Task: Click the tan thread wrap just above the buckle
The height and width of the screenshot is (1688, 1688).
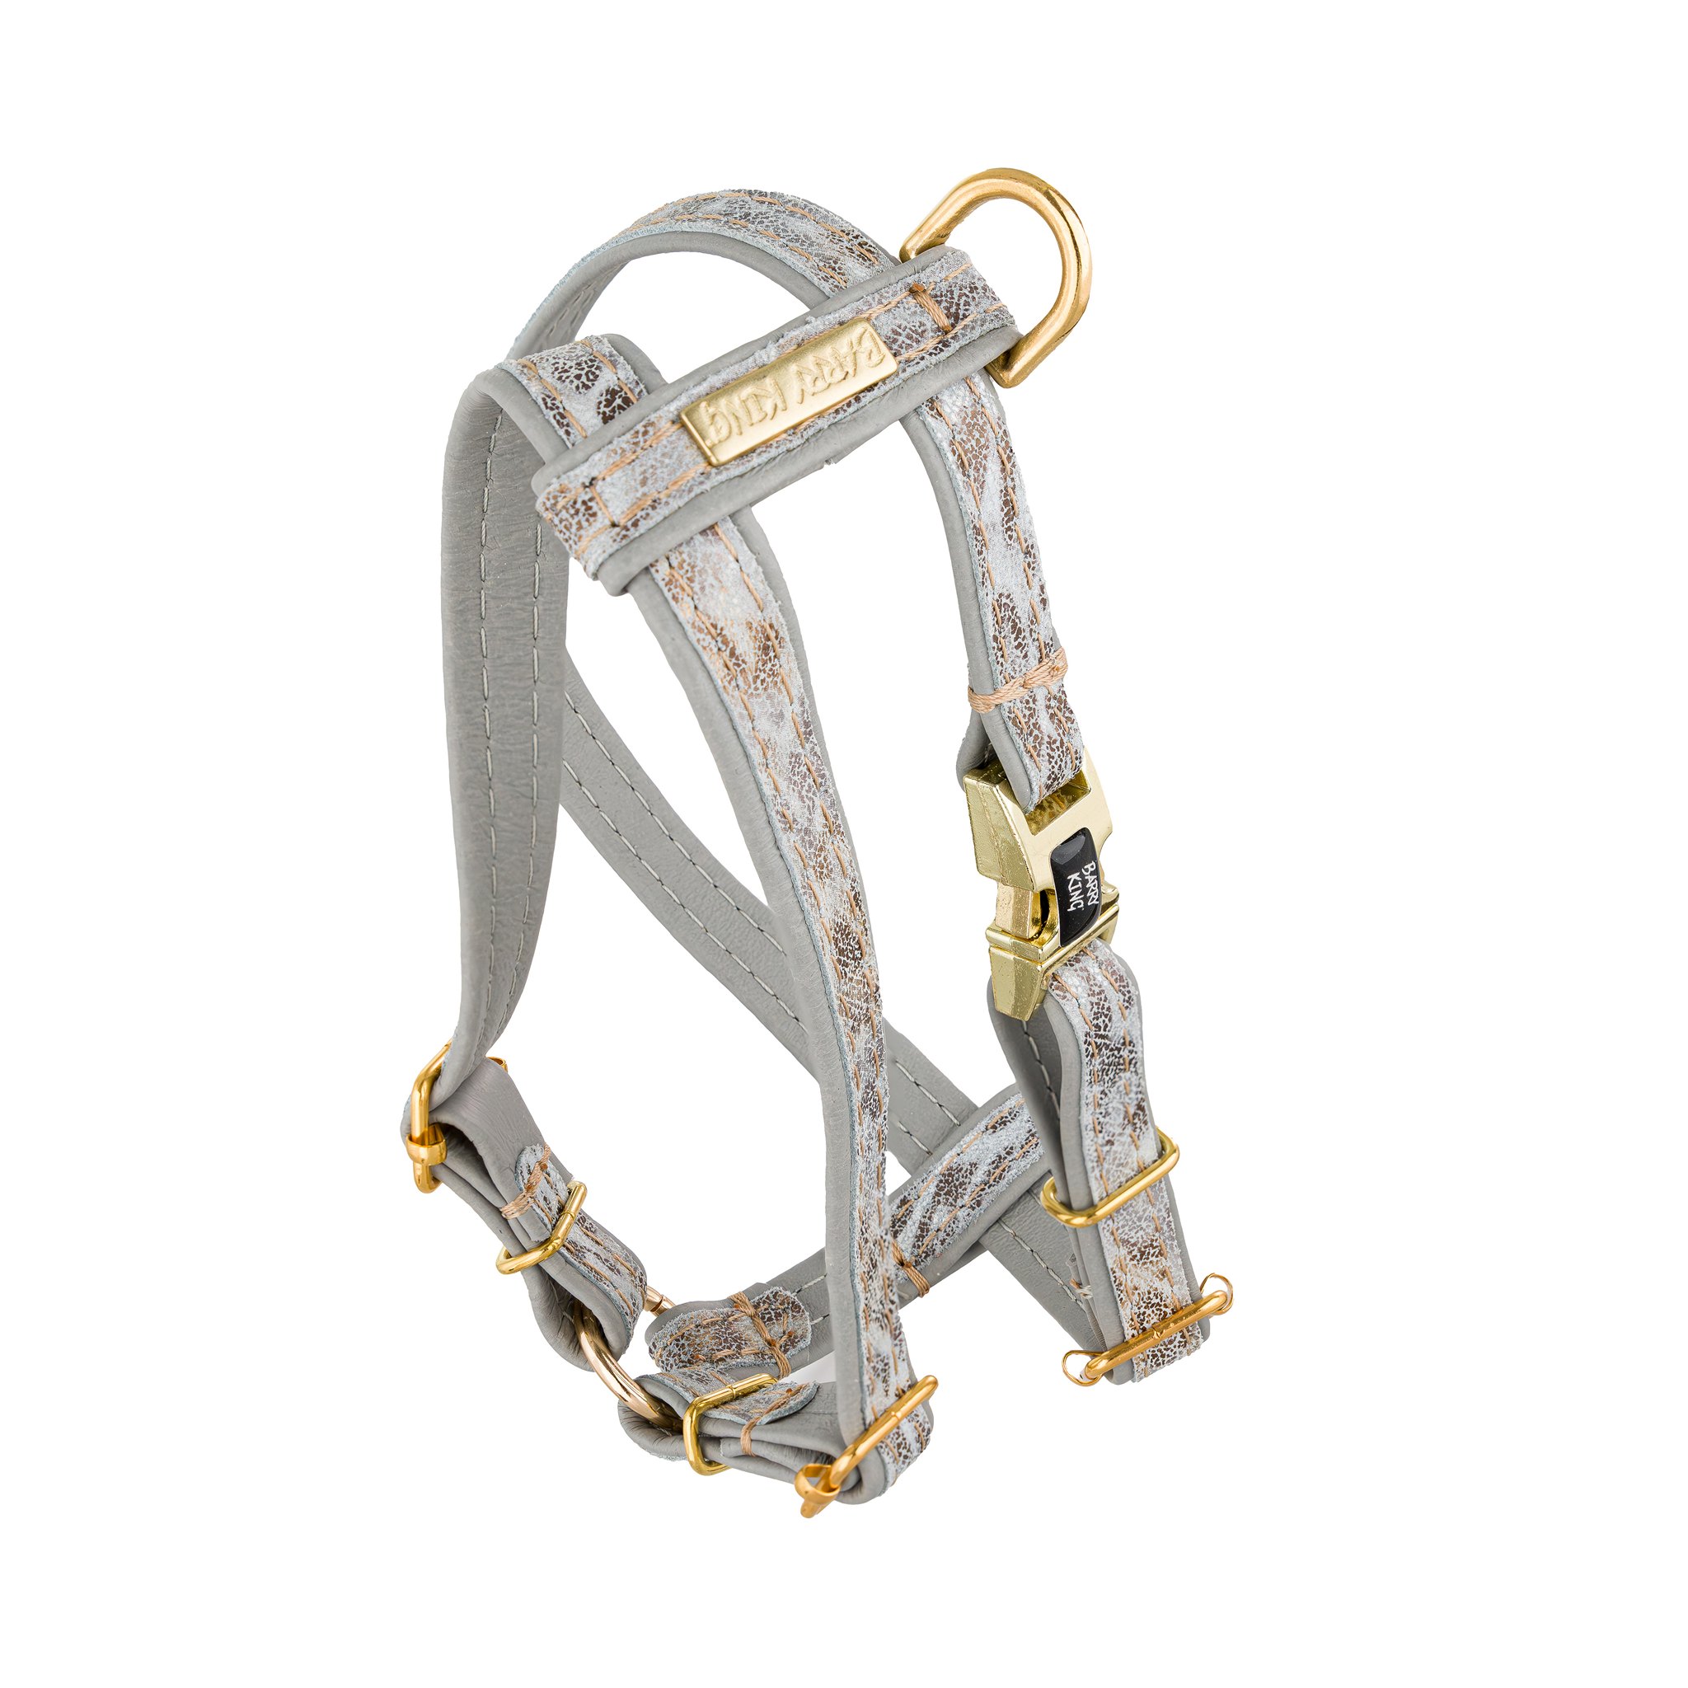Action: pyautogui.click(x=1019, y=678)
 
